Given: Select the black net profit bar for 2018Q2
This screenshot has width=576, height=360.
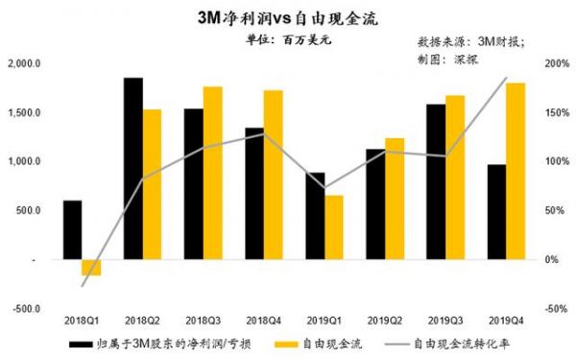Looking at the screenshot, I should click(x=134, y=168).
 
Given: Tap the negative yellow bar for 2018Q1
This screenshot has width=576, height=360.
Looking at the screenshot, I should click(x=91, y=267).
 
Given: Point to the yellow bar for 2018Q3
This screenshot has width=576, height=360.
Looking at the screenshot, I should click(x=213, y=173).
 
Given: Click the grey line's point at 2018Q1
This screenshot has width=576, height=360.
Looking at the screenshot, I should click(x=83, y=286).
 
